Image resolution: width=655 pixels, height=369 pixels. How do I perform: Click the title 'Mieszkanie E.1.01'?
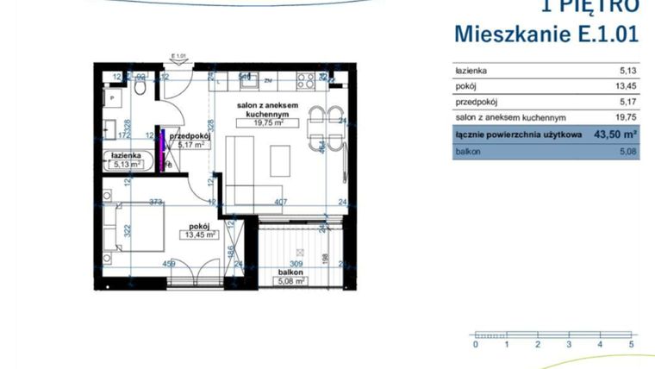[546, 35]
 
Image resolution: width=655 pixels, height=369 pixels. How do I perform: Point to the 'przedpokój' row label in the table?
[477, 102]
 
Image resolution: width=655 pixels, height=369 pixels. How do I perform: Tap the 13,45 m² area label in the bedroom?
[200, 234]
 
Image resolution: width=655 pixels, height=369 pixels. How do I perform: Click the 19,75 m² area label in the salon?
[268, 122]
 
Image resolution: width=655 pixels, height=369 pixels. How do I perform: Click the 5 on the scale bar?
[632, 344]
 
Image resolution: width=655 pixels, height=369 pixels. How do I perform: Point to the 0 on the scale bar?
[475, 344]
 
